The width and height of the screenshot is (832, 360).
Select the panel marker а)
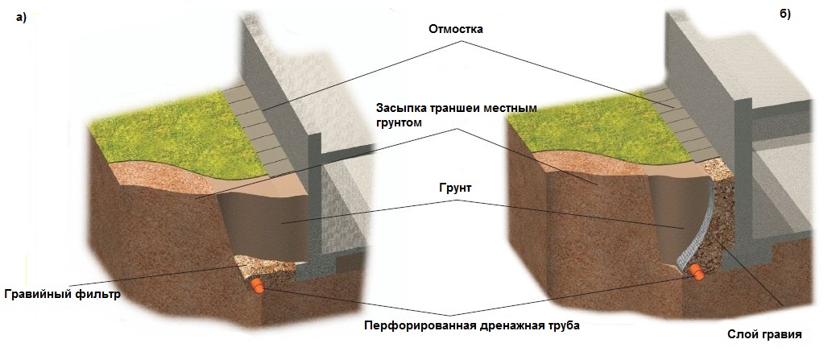(x=21, y=19)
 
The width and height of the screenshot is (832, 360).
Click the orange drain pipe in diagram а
(x=257, y=286)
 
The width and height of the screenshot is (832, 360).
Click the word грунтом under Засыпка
(x=399, y=122)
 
